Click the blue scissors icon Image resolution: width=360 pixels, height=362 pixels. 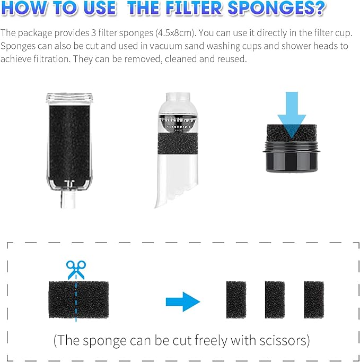[76, 270]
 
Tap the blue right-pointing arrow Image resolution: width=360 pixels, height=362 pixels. [183, 301]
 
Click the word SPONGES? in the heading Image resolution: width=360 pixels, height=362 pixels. [277, 8]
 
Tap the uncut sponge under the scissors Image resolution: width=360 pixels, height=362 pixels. [78, 300]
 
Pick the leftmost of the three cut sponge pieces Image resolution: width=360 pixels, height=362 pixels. [236, 300]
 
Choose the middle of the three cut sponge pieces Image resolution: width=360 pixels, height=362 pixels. [275, 300]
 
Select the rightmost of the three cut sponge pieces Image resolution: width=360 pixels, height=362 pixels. [314, 300]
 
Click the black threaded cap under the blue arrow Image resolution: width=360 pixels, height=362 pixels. [292, 157]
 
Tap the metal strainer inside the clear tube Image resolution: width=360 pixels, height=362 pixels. [178, 123]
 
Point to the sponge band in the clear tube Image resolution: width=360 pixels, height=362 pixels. [178, 144]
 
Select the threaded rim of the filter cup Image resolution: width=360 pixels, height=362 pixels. [69, 98]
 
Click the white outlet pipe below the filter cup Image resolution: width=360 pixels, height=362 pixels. [68, 199]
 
